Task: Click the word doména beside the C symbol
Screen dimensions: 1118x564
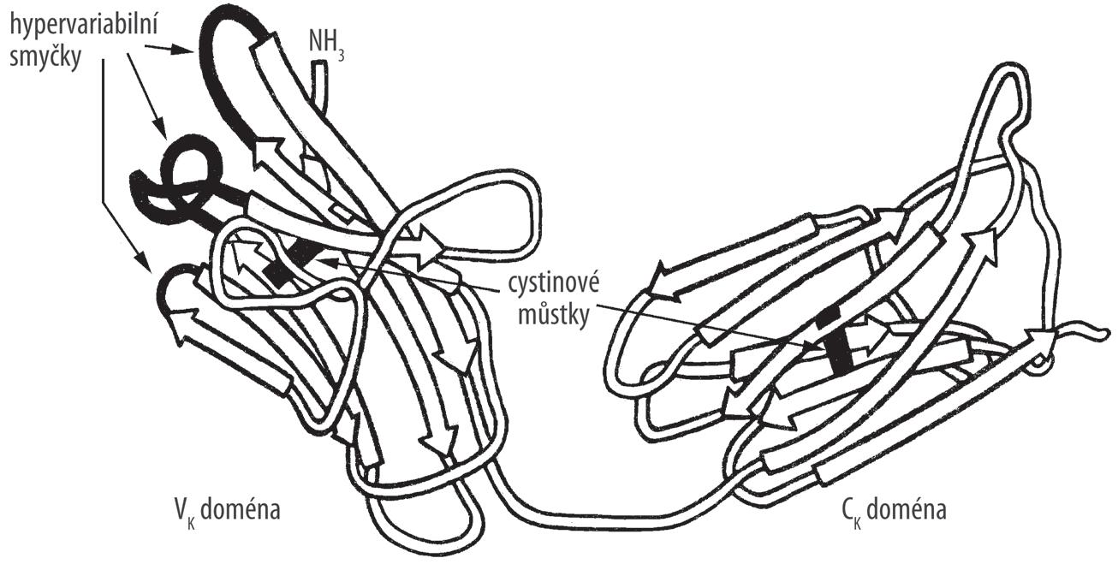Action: click(x=904, y=511)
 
